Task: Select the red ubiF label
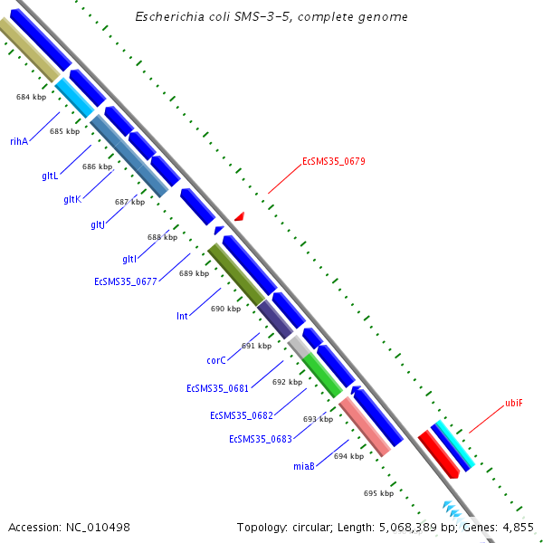513,403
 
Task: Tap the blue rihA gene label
19,141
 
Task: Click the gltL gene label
50,175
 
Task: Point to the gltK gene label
72,199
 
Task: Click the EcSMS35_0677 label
126,281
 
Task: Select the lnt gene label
182,317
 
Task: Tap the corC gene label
215,360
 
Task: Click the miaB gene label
303,466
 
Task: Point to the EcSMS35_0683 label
260,439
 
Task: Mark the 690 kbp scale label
225,309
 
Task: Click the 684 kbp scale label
31,96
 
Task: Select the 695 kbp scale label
378,493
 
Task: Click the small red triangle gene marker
240,216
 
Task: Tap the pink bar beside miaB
365,426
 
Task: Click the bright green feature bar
322,375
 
